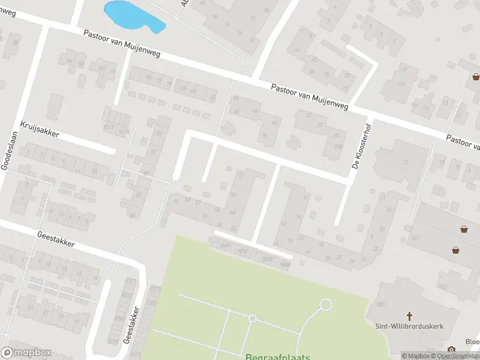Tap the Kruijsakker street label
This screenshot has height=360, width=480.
click(x=40, y=129)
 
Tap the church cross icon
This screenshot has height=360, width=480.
click(x=410, y=316)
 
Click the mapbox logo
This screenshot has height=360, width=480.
click(x=26, y=353)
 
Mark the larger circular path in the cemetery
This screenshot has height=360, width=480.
click(x=326, y=305)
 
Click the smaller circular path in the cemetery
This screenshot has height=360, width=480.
click(x=253, y=319)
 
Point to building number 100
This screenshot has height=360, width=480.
click(x=340, y=147)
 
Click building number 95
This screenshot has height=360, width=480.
click(x=265, y=135)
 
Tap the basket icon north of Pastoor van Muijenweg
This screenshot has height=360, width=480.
click(x=476, y=76)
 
